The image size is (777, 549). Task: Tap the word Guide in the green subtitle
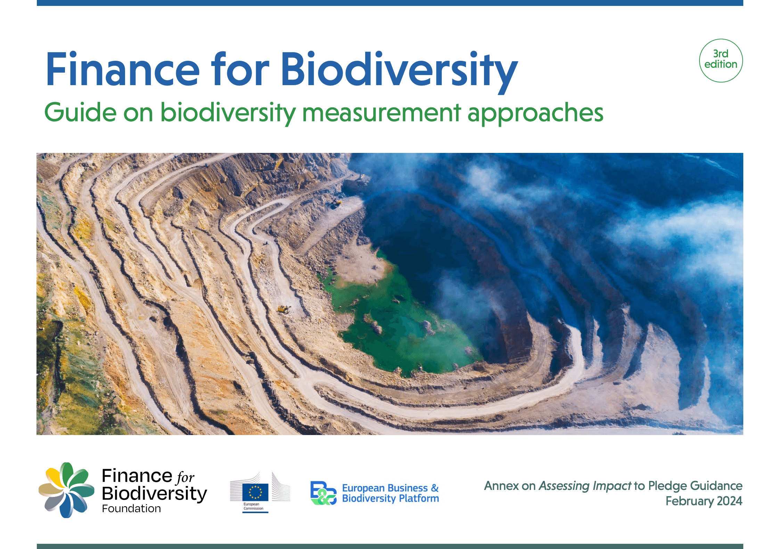80,113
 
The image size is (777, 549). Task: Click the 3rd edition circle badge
721,60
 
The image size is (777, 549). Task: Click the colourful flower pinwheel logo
66,490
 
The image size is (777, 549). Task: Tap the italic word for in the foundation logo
186,477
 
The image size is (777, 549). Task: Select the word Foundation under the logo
131,509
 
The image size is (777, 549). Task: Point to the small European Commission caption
253,506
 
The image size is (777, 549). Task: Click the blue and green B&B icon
323,493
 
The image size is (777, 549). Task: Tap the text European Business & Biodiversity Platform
390,493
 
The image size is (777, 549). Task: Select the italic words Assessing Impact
585,486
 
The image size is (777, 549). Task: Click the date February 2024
704,501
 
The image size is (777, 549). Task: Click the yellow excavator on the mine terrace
284,309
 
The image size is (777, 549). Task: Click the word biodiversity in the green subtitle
228,113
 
